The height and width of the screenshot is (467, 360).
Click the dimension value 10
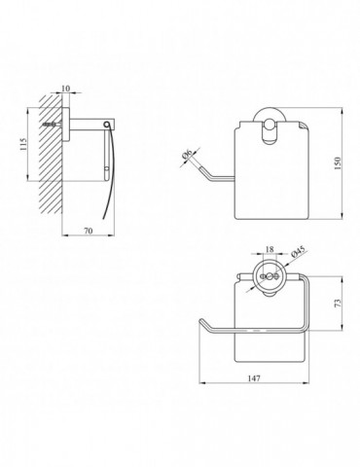65,89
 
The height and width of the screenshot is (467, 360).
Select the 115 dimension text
22,144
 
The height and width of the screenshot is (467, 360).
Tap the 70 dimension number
89,231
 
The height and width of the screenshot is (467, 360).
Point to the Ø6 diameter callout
188,154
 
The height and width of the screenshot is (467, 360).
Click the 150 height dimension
338,163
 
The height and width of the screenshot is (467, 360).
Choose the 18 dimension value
270,249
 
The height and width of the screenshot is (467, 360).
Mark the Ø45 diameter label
298,251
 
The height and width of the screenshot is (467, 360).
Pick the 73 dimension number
338,303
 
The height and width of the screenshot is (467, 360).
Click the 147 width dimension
254,378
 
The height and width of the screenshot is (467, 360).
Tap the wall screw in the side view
52,125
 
